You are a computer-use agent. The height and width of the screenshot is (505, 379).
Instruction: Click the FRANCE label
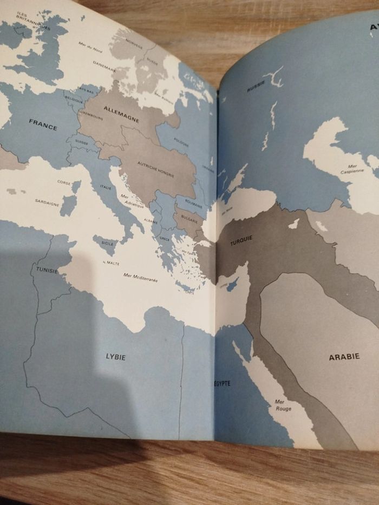43,124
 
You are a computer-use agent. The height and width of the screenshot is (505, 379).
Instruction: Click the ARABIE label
344,357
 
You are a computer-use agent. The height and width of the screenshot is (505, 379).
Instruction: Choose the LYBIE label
115,357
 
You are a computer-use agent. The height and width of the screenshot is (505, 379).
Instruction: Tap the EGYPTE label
221,383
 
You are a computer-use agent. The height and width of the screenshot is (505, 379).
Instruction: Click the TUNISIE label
47,270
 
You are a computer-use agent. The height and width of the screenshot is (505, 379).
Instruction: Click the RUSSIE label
256,87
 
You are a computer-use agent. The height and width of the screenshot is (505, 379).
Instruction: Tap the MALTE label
113,263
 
